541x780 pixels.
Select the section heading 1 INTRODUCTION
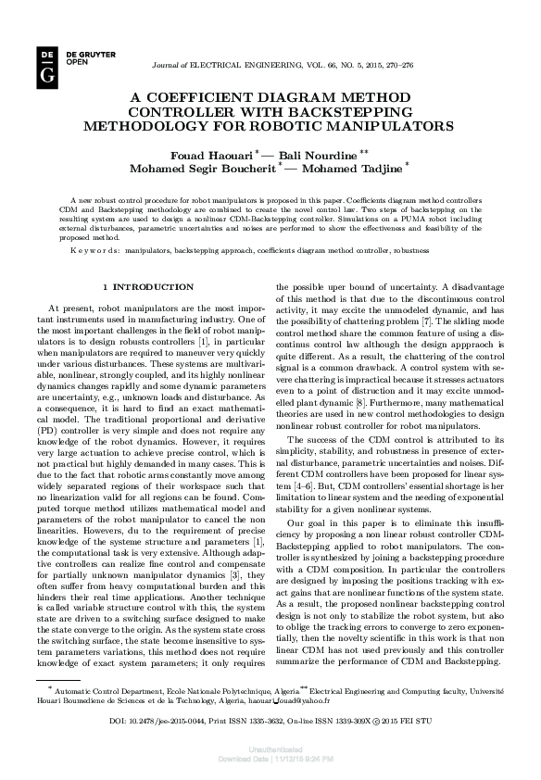tap(148, 287)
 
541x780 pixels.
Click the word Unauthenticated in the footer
tap(270, 754)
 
